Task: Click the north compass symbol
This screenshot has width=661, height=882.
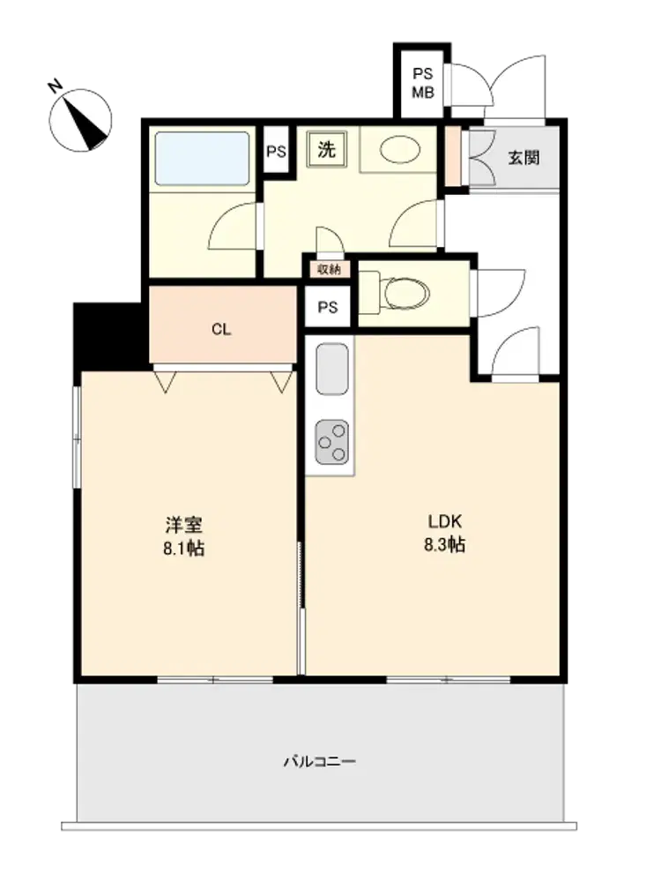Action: [80, 119]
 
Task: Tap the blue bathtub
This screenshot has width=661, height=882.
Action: [202, 158]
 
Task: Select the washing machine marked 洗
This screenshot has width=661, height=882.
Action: [327, 150]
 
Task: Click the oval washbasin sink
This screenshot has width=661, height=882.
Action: [399, 150]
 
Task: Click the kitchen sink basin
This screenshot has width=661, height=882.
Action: [332, 369]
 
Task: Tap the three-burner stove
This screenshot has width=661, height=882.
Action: [331, 443]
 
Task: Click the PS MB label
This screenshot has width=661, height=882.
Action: [423, 83]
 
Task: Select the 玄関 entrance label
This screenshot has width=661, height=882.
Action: [524, 158]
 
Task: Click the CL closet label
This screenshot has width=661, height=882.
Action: [221, 330]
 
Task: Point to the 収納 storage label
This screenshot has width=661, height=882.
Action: [329, 269]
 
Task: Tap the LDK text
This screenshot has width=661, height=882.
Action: [444, 521]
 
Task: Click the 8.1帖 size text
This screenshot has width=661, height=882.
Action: [184, 549]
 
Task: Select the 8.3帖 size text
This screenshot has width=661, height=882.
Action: [444, 545]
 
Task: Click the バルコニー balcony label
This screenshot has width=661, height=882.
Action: [319, 762]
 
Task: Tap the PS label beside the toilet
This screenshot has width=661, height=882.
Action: [328, 307]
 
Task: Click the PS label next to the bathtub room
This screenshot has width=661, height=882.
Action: [276, 152]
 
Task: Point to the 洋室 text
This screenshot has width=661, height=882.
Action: [184, 525]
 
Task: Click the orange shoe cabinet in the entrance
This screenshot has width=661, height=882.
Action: [452, 157]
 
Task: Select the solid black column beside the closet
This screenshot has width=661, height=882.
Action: [108, 336]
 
